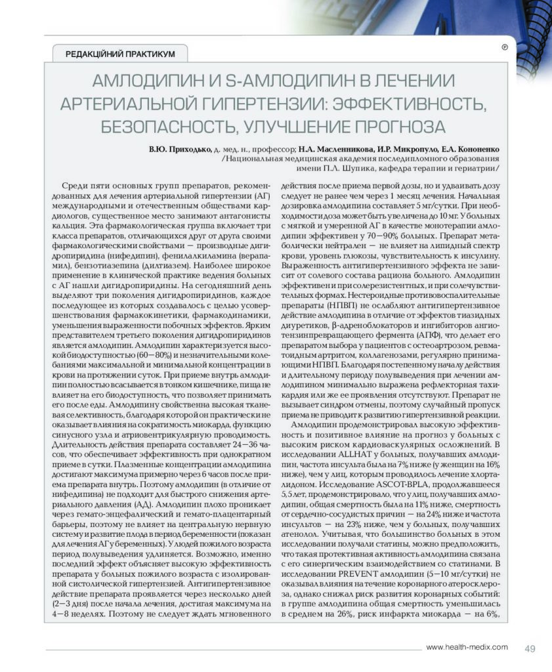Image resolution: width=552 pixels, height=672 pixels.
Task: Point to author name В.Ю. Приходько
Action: coord(180,149)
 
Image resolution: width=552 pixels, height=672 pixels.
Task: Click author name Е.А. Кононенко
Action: coord(471,149)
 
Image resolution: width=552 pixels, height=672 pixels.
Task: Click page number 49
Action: coord(530,649)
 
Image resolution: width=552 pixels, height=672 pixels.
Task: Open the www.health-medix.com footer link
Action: coord(467,648)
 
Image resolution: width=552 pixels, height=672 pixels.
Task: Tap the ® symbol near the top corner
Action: coord(505,47)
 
